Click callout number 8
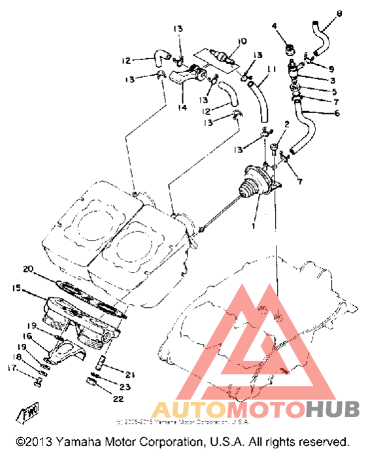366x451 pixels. (x=338, y=14)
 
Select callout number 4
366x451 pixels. (x=275, y=26)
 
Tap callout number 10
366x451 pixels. (x=242, y=41)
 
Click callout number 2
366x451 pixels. (x=286, y=124)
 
